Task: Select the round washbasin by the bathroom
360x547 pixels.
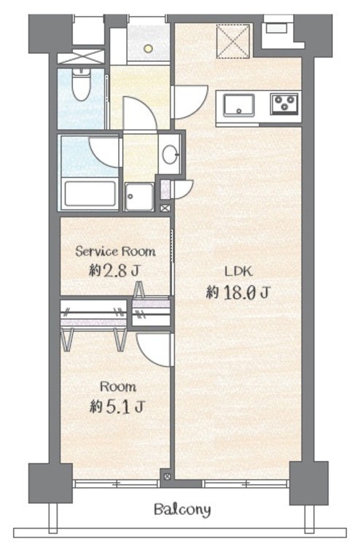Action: pyautogui.click(x=170, y=154)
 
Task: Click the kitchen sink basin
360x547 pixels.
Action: pyautogui.click(x=239, y=105)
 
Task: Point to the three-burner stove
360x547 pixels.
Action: pyautogui.click(x=285, y=104)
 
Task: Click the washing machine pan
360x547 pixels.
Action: pyautogui.click(x=139, y=197)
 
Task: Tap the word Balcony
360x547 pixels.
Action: pyautogui.click(x=183, y=510)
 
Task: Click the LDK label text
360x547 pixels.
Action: pyautogui.click(x=238, y=271)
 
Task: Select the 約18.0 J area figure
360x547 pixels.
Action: pyautogui.click(x=238, y=292)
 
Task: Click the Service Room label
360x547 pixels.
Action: pyautogui.click(x=115, y=251)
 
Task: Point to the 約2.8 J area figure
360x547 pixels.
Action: pyautogui.click(x=114, y=270)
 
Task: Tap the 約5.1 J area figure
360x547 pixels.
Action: pyautogui.click(x=117, y=406)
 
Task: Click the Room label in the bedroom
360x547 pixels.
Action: pyautogui.click(x=118, y=387)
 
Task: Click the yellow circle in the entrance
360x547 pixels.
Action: pyautogui.click(x=149, y=48)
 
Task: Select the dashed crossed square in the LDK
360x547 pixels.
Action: pyautogui.click(x=233, y=41)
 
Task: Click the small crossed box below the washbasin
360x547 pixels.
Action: pyautogui.click(x=165, y=209)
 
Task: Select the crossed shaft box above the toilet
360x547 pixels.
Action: pyautogui.click(x=81, y=57)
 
